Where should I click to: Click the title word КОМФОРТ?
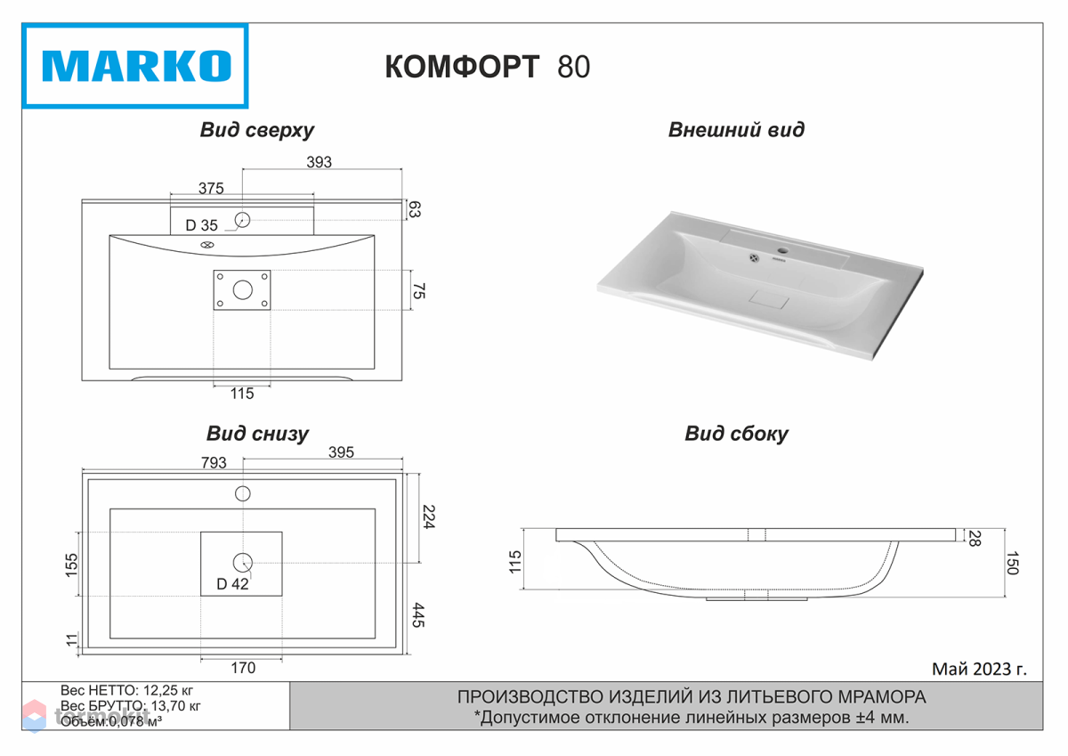click(462, 67)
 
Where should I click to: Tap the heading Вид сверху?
click(257, 130)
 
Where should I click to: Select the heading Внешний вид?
click(736, 130)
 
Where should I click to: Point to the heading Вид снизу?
click(257, 434)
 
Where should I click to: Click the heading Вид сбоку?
click(736, 434)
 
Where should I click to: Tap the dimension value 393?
click(319, 162)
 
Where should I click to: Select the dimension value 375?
click(211, 189)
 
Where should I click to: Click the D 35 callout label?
click(201, 225)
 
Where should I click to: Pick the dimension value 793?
click(214, 463)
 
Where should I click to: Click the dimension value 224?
click(428, 516)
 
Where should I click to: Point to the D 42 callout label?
click(232, 584)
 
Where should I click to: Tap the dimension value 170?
click(243, 668)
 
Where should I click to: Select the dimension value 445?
click(418, 614)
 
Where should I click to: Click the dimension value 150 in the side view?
click(1012, 563)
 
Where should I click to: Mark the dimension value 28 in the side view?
click(975, 539)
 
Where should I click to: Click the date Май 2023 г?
click(979, 670)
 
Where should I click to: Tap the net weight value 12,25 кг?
click(168, 691)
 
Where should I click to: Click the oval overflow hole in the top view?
click(206, 245)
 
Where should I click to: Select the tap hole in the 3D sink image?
click(783, 250)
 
